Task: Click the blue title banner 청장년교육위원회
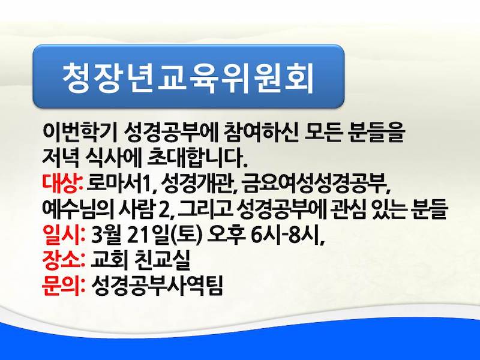[x=188, y=76]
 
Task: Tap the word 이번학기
[x=79, y=133]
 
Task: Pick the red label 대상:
[x=62, y=183]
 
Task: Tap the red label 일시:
[x=64, y=235]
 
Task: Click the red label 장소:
[x=64, y=260]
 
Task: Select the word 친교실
[x=162, y=260]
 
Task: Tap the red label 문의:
[x=64, y=286]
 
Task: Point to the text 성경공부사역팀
[x=157, y=286]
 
